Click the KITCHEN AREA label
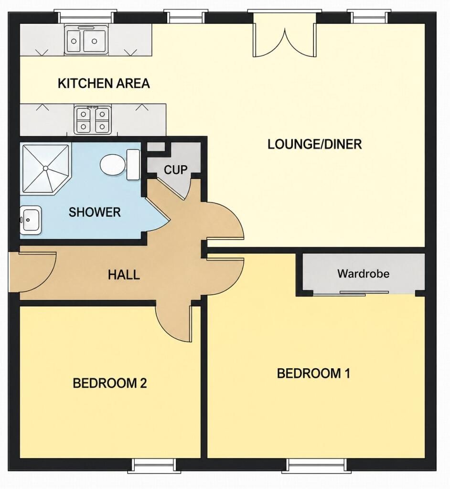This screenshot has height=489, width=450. coord(104,84)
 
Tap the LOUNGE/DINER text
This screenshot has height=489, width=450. coord(314,144)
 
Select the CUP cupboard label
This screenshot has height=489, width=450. coord(176,170)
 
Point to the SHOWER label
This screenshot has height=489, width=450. coord(95,213)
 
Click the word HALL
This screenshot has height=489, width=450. coord(124,275)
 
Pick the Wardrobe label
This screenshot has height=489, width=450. coord(363,274)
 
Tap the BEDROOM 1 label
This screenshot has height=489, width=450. coord(314,373)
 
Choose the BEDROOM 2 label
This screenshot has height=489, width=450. coord(109,383)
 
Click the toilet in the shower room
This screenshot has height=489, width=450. coord(113,165)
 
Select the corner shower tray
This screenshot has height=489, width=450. coord(46,169)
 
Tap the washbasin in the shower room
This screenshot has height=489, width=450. coord(31,220)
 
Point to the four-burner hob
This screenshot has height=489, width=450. coord(92,119)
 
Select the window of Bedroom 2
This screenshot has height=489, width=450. coord(153,465)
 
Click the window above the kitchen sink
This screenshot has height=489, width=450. coord(84,17)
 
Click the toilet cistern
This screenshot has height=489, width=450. coord(133,165)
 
